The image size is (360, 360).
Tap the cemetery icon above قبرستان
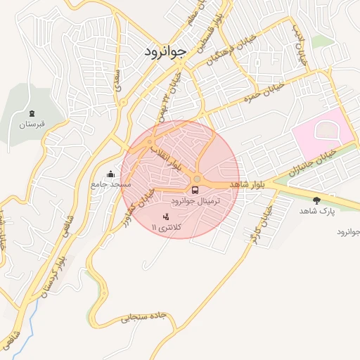pos(32,113)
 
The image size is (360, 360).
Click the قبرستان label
pos(32,124)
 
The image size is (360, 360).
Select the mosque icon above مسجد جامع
pos(110,174)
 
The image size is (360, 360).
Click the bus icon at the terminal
pos(195,189)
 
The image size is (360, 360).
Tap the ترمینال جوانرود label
pos(195,201)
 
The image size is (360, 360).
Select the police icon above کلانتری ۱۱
pos(166,216)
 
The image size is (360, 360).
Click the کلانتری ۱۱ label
pos(166,226)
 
